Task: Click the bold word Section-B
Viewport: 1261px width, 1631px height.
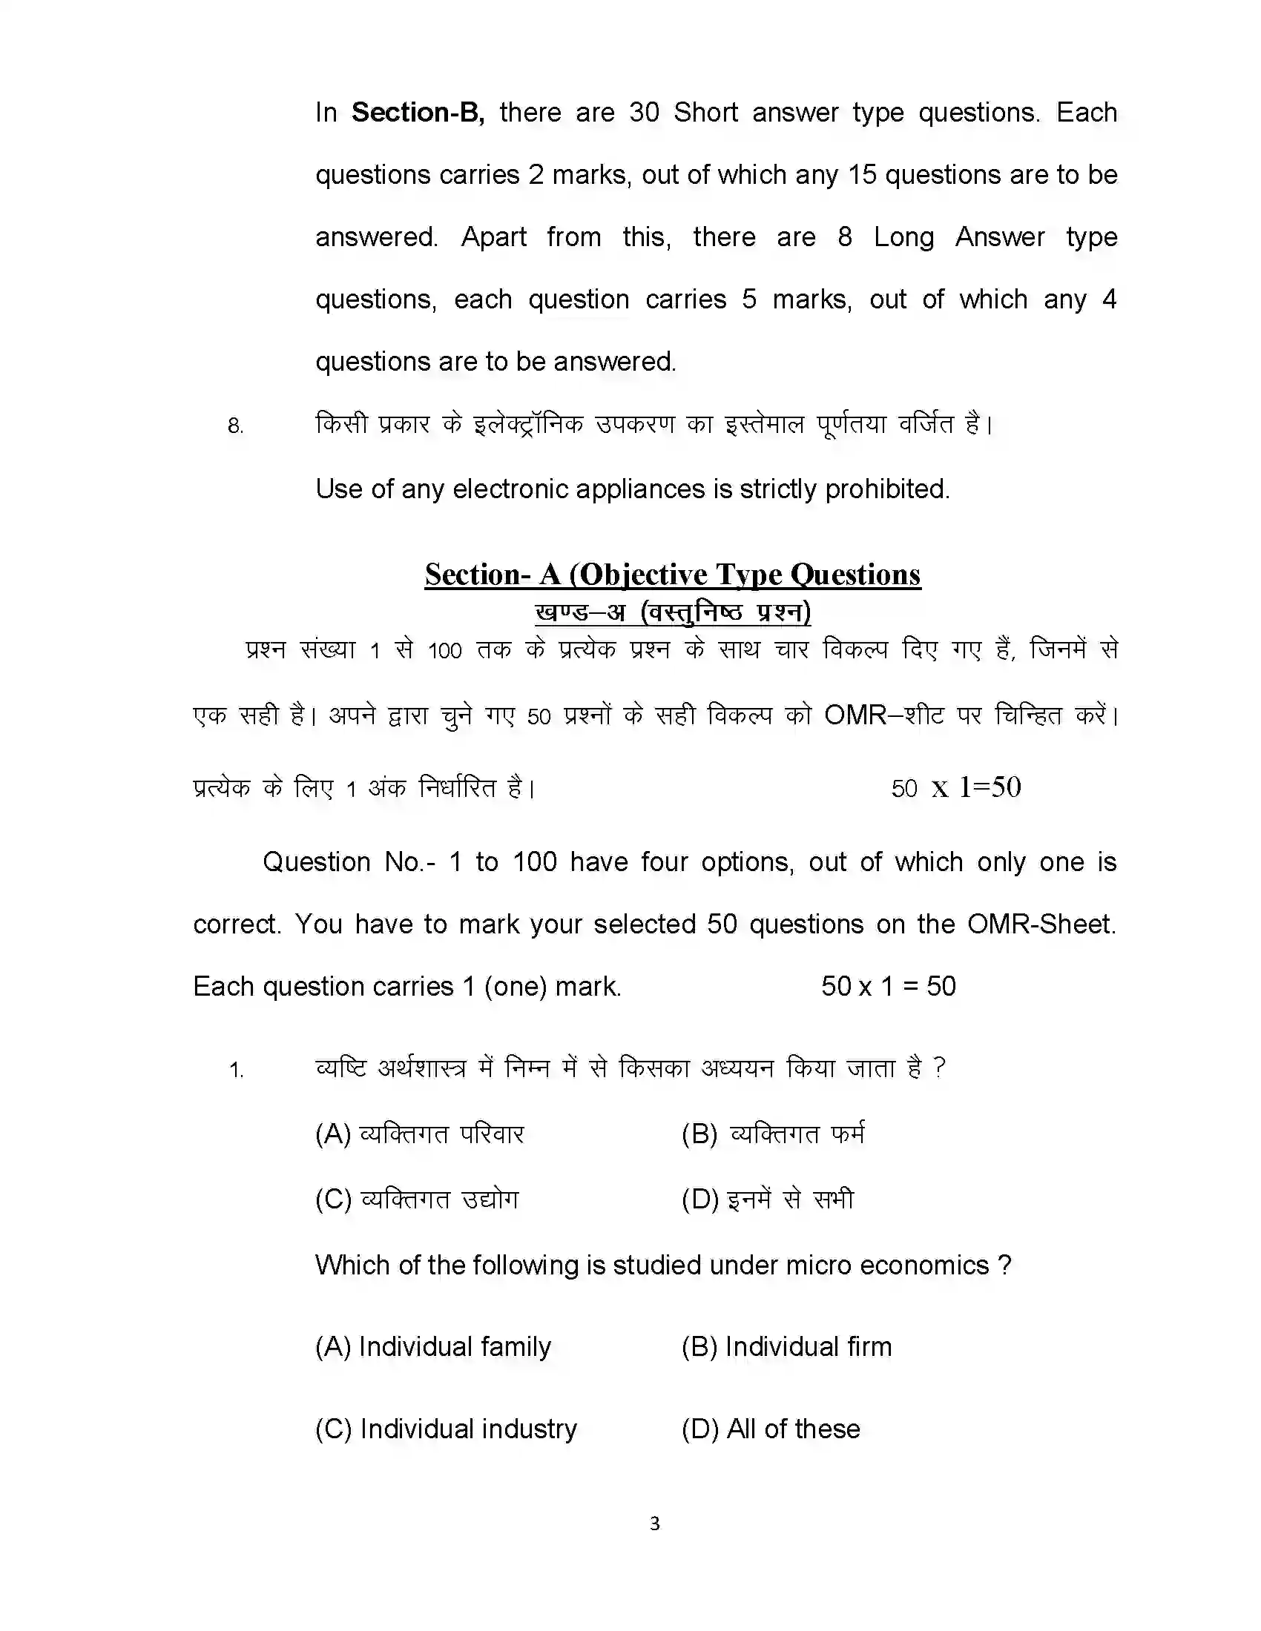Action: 417,113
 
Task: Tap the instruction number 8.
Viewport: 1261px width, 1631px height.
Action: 235,426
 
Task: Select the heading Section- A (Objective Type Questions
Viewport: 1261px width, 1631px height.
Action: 672,575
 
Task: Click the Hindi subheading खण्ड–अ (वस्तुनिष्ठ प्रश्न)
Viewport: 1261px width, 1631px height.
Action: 672,613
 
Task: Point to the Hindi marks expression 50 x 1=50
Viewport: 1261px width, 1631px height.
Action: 955,788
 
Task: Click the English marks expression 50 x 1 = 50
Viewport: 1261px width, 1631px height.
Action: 888,987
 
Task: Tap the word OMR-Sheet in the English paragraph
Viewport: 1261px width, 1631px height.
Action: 1041,924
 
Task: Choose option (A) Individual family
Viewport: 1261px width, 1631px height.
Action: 433,1346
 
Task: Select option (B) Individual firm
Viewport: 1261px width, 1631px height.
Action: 786,1346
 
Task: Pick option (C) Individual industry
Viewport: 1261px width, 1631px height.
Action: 446,1429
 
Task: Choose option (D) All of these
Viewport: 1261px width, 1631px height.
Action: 771,1429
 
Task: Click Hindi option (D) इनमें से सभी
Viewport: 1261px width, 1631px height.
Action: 767,1200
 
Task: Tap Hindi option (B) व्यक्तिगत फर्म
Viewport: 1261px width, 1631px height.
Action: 773,1134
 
